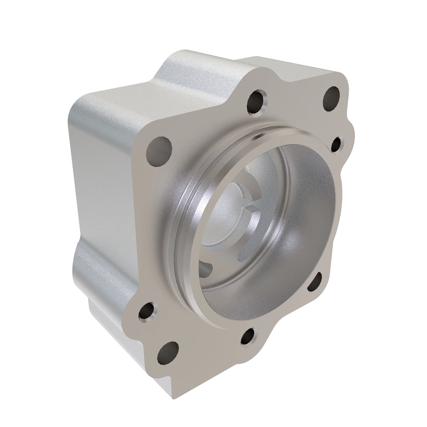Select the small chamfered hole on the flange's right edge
coord(336,144)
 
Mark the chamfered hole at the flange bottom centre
coord(248,335)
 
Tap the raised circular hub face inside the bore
coord(231,199)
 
